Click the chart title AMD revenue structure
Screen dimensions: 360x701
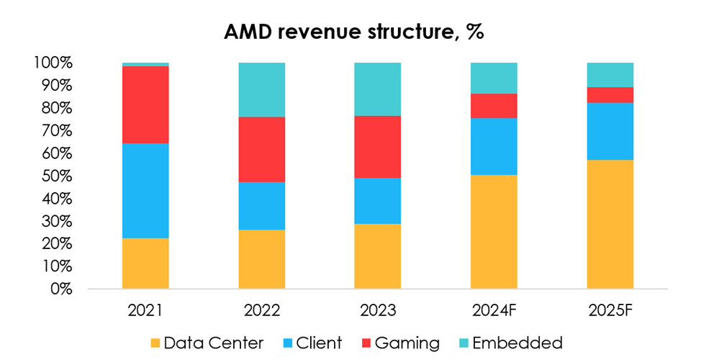tap(350, 32)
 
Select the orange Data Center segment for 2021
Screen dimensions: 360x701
tap(145, 264)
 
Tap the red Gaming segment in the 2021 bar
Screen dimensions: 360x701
tap(145, 105)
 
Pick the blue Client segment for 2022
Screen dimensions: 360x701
tap(262, 206)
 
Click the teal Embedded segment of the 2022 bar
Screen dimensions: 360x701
tap(262, 90)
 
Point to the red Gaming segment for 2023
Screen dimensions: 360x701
tap(378, 147)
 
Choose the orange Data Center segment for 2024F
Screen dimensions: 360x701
tap(494, 232)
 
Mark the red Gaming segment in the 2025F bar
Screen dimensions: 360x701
tap(610, 95)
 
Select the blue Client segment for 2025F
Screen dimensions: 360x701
tap(610, 132)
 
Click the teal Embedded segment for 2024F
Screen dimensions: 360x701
tap(494, 78)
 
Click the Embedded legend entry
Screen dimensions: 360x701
tap(511, 342)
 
